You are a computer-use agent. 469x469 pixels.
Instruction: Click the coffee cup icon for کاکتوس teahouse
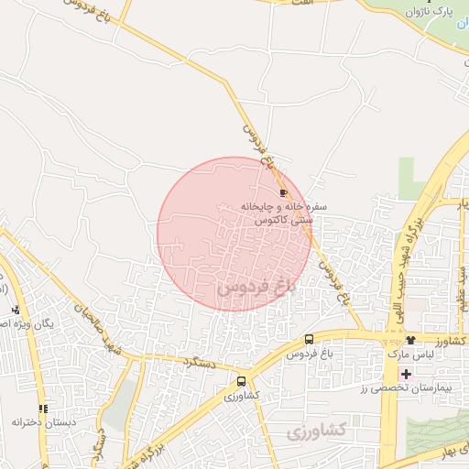pos(283,192)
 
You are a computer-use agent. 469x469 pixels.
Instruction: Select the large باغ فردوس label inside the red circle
pos(258,287)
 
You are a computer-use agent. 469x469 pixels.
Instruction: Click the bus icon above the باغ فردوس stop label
pos(309,340)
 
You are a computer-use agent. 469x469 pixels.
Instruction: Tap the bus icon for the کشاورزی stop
pos(241,381)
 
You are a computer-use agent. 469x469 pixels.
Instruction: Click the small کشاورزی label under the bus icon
pos(242,395)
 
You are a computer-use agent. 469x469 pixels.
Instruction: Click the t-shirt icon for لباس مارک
pos(410,341)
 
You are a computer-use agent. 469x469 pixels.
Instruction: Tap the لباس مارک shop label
pos(408,354)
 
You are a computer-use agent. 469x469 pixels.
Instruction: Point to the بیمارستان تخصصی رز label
pos(427,389)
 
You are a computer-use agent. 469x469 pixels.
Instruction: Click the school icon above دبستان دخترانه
pos(42,409)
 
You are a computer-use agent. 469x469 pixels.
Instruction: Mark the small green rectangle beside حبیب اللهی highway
pos(409,179)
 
